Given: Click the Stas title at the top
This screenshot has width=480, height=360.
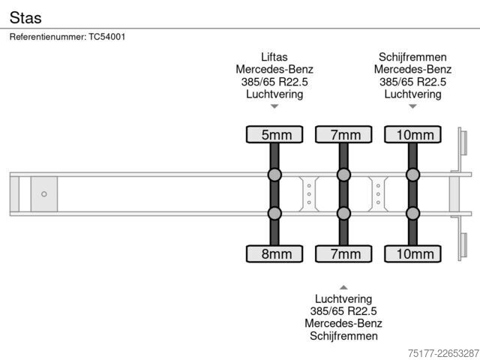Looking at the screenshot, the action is coord(25,17).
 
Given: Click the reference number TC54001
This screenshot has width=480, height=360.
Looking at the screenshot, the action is coord(106,37).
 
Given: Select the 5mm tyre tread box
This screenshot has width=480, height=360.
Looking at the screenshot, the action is coord(274,134).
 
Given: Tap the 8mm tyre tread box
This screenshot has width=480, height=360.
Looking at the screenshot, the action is coord(274,253).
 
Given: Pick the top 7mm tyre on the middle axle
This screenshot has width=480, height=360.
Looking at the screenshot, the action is coord(343,134).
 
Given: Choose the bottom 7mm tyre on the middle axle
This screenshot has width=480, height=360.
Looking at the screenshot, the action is coord(343,253).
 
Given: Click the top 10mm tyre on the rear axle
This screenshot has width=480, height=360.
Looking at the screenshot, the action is coord(413,134).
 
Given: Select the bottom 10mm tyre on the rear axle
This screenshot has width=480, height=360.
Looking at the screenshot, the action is coord(413,253).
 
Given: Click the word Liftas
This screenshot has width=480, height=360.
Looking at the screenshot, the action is coord(274,57).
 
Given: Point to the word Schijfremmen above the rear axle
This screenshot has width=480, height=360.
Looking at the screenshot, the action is coord(412,57).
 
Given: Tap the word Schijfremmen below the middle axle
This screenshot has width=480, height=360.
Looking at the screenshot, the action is coord(343,336).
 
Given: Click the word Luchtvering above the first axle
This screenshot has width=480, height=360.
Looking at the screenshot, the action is coord(274,94).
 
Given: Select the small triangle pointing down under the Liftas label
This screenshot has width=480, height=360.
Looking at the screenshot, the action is coord(274,106).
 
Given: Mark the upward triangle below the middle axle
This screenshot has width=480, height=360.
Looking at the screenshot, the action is coord(343,287).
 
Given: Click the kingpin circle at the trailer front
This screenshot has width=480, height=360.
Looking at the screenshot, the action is coord(44,194).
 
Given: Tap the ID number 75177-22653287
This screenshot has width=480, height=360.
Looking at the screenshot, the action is coord(443,353).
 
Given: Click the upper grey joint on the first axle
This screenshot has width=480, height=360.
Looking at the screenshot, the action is coord(274,175).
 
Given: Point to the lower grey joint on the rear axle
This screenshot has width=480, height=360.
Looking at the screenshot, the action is coord(413,213).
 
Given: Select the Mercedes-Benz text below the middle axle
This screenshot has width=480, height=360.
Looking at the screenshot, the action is coord(343,323).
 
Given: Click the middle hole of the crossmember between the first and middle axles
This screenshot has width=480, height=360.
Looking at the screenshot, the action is coord(309,194).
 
